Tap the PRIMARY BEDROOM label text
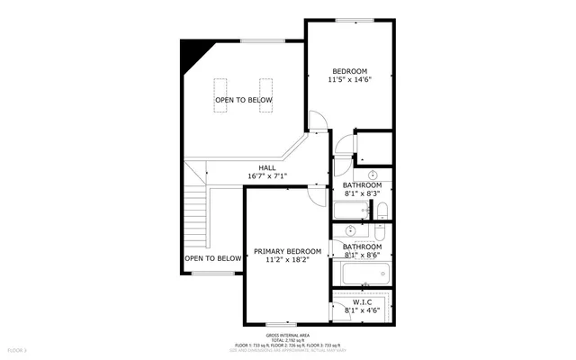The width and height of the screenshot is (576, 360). (287, 251)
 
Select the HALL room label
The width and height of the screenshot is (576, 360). (267, 167)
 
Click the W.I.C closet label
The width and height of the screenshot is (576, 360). (363, 301)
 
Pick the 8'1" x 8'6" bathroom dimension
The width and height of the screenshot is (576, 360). (363, 256)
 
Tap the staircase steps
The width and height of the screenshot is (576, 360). (196, 220)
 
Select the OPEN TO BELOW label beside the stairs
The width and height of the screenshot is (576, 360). (213, 258)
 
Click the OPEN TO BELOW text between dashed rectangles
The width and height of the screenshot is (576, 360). (243, 100)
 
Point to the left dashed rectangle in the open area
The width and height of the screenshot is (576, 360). (221, 94)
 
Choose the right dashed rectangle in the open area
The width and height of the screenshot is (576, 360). (266, 94)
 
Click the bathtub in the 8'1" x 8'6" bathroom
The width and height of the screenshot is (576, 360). (360, 274)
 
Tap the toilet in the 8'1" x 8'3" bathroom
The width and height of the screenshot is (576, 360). (381, 211)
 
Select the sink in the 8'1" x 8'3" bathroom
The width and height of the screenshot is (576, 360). (373, 175)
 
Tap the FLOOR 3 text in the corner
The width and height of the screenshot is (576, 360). (18, 348)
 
